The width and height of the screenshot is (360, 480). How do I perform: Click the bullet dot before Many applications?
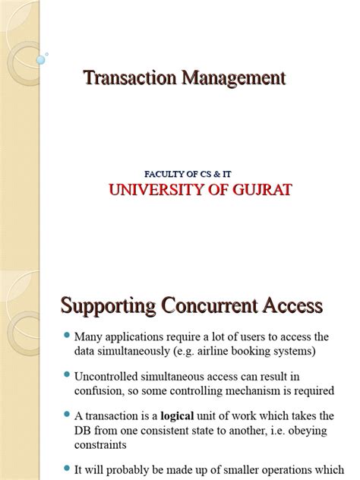click(x=67, y=336)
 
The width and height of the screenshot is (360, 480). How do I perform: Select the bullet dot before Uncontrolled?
click(x=67, y=375)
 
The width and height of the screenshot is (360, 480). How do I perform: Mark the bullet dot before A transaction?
click(x=67, y=415)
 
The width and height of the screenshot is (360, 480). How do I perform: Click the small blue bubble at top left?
click(x=39, y=58)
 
